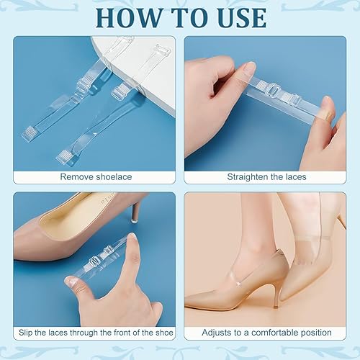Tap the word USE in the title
(x=243, y=18)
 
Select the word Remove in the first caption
(x=76, y=177)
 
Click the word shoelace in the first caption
(x=114, y=177)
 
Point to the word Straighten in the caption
(x=248, y=177)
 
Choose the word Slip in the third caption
(x=25, y=333)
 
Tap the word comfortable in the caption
(x=275, y=333)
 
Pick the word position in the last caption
(x=316, y=333)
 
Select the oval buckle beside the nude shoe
(x=94, y=262)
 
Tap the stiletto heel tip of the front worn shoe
(x=276, y=307)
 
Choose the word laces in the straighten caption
(x=296, y=177)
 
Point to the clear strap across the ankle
(x=315, y=238)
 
